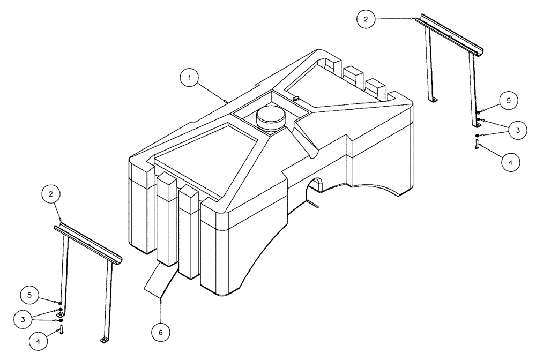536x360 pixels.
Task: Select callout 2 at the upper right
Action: [x=366, y=19]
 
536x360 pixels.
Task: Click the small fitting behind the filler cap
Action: [x=295, y=97]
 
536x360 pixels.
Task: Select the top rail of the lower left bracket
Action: [x=89, y=243]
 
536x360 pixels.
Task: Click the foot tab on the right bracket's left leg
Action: [x=434, y=99]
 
